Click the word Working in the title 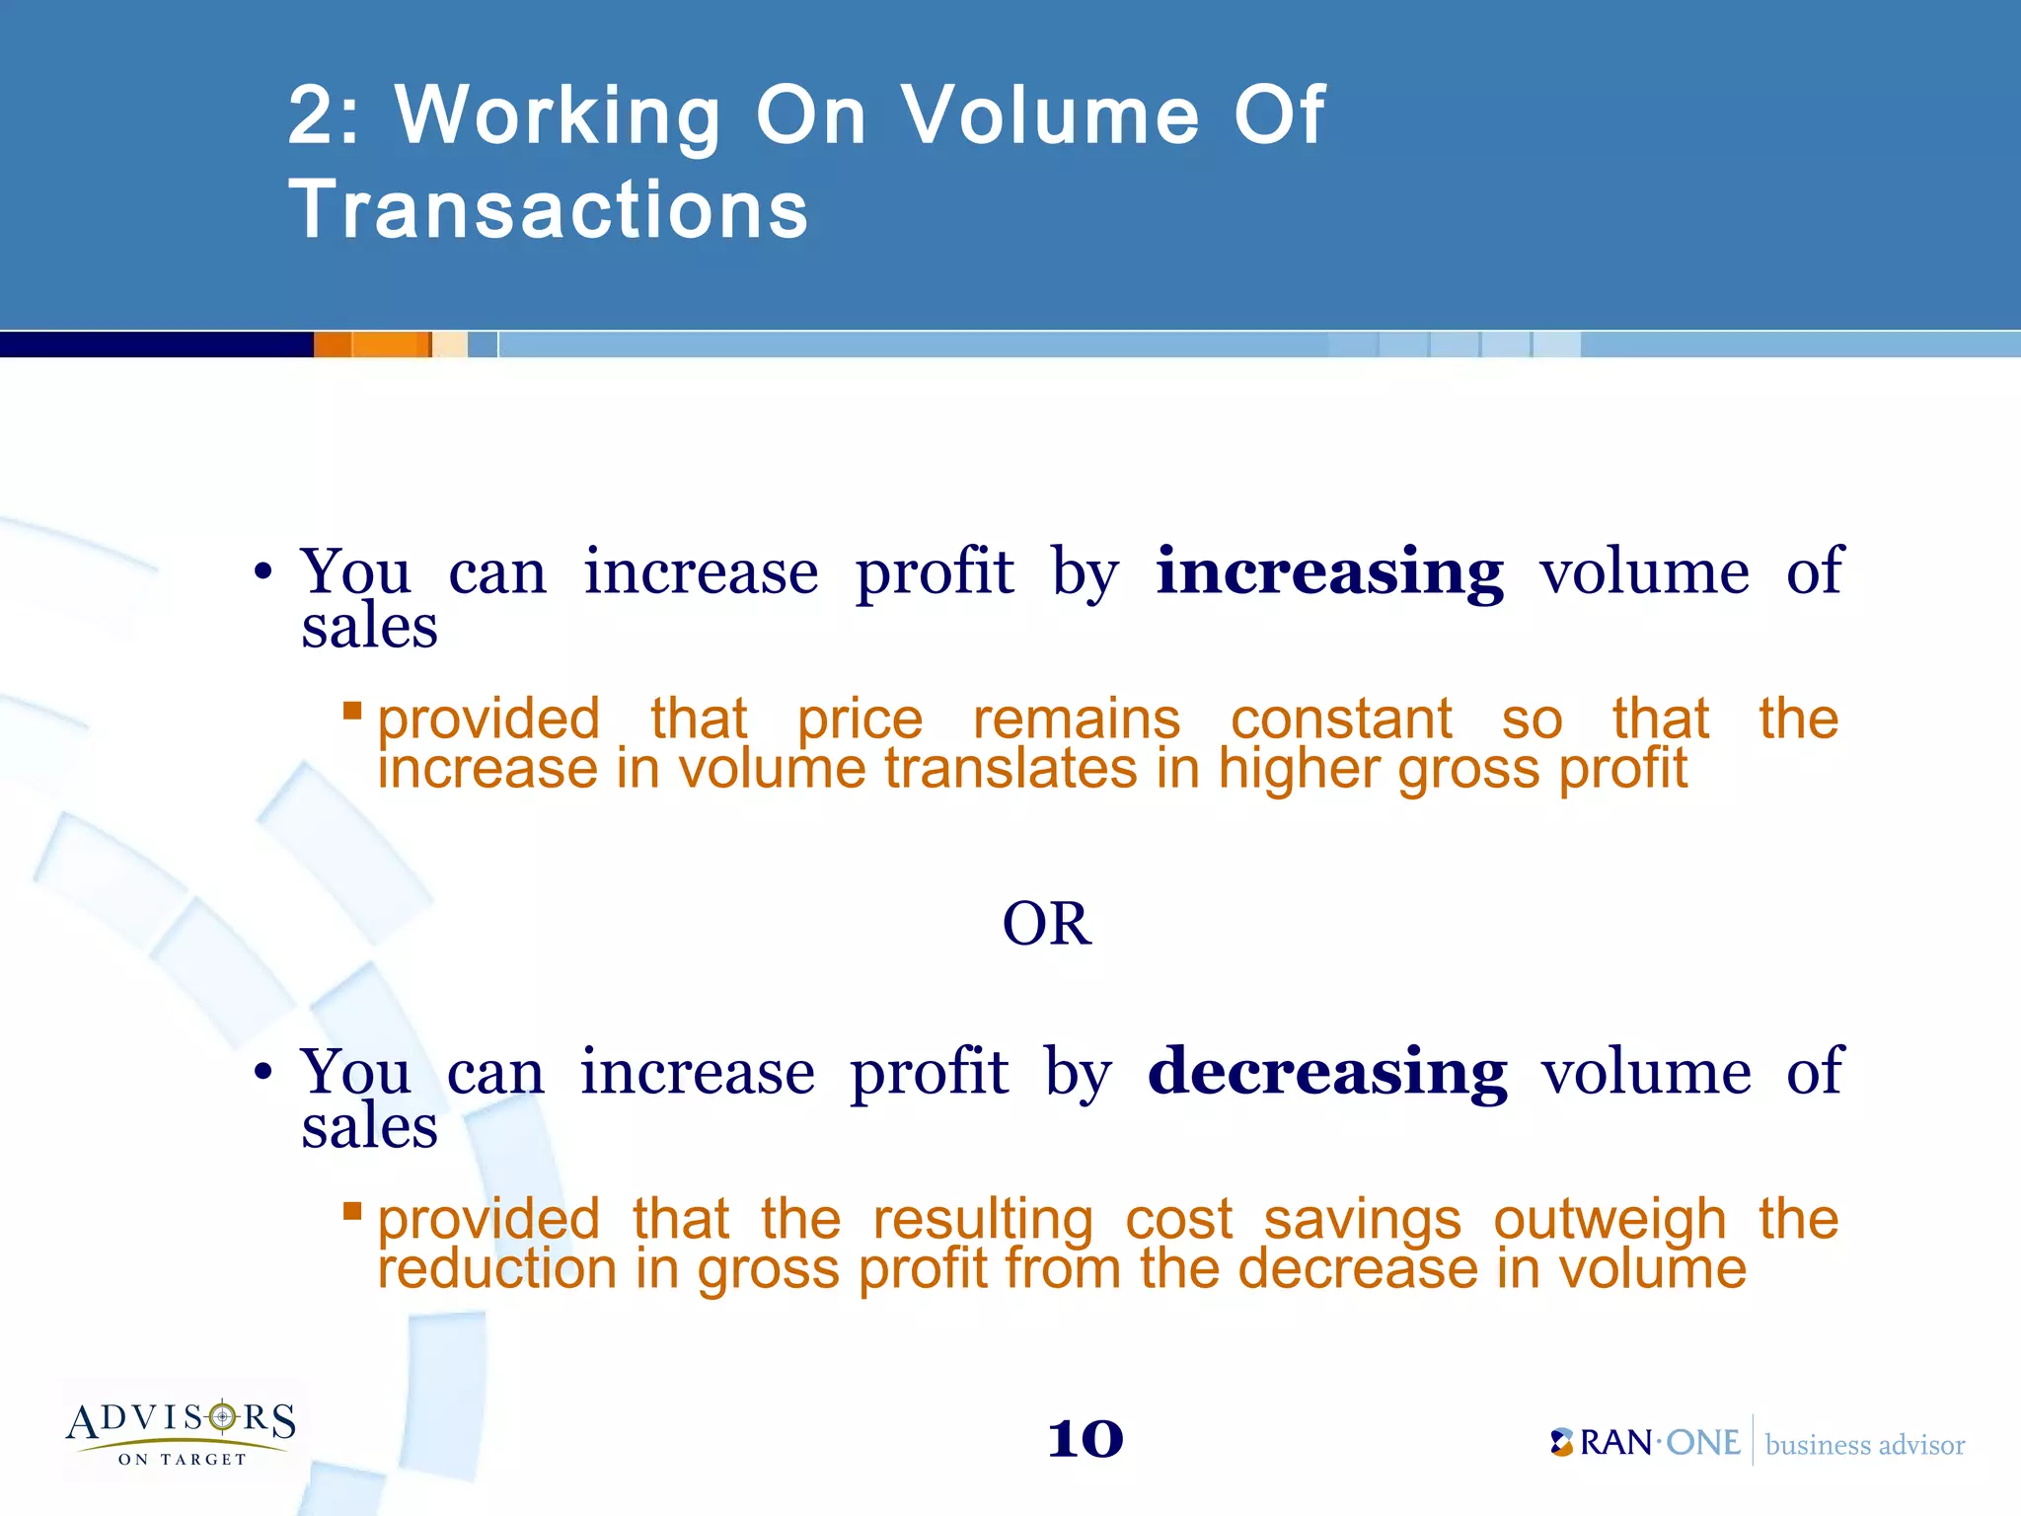[x=558, y=116]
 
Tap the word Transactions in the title [x=549, y=209]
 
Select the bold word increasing [x=1329, y=572]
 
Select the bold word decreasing [x=1327, y=1073]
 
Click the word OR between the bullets [x=1046, y=925]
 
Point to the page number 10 [x=1085, y=1440]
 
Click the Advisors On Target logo [x=182, y=1432]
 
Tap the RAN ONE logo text [x=1646, y=1443]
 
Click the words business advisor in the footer [x=1864, y=1445]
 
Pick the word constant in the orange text [x=1341, y=719]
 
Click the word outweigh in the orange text [x=1609, y=1220]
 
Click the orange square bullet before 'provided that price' [x=352, y=710]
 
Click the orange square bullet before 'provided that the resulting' [x=352, y=1210]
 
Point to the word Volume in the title [x=1051, y=116]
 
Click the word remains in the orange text [x=1076, y=719]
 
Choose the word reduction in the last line [x=497, y=1269]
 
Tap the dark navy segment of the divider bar [x=156, y=344]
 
